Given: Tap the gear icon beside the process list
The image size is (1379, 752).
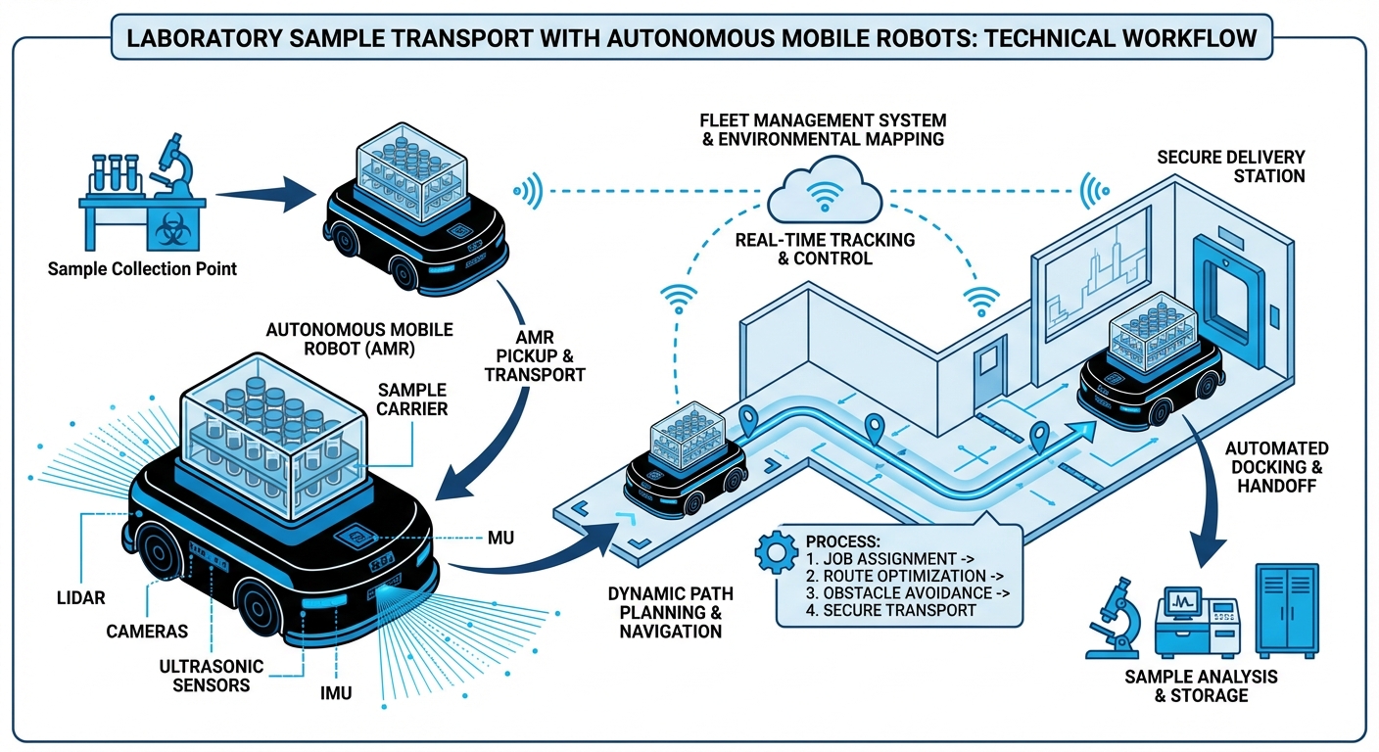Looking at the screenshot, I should click(x=773, y=553).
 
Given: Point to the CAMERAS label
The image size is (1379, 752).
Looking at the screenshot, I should click(x=147, y=632).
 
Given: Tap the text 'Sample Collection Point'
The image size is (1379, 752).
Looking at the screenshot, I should click(x=142, y=268).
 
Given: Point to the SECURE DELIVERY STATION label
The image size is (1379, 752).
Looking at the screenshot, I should click(x=1230, y=166).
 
